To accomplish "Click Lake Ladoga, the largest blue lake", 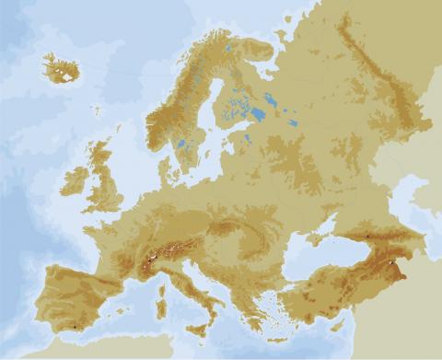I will (257, 114).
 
